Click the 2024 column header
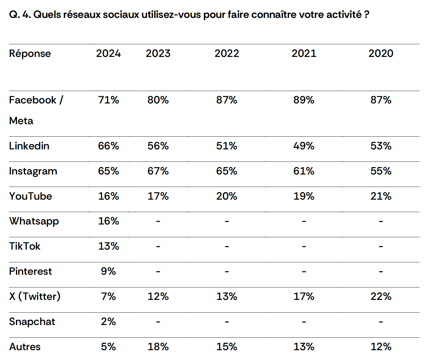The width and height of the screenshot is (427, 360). tap(108, 53)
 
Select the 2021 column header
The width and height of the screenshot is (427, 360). tap(304, 53)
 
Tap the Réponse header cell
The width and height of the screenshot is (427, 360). tap(30, 54)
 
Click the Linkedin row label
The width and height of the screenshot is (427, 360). tap(29, 146)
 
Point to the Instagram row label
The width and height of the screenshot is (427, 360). tap(33, 171)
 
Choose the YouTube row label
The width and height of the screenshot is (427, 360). tap(31, 196)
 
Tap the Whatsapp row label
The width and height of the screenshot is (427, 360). tap(34, 221)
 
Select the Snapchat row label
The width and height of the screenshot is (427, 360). tap(32, 322)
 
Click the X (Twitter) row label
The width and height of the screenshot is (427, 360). tap(35, 296)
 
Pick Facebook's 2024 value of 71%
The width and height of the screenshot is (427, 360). tap(108, 100)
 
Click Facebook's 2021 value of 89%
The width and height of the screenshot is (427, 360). tap(304, 100)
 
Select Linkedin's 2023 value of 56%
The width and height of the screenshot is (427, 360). tap(158, 146)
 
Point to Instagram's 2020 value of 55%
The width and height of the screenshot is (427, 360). tap(381, 171)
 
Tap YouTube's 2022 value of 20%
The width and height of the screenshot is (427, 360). tap(227, 196)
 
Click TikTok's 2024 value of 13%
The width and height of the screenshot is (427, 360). tap(108, 246)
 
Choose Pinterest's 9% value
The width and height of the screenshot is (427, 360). tap(108, 271)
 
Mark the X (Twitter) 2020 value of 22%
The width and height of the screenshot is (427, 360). tap(381, 296)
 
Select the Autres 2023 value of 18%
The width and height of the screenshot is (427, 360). tap(158, 347)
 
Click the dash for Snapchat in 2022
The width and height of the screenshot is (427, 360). tap(227, 322)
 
